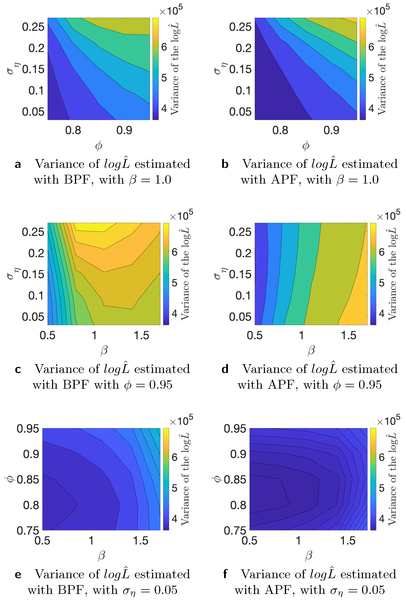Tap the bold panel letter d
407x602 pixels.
click(225, 369)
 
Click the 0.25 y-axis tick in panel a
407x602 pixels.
click(33, 27)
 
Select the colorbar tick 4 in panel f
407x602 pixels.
click(382, 519)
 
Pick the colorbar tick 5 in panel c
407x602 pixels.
click(175, 283)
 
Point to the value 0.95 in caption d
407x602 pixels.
click(370, 385)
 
